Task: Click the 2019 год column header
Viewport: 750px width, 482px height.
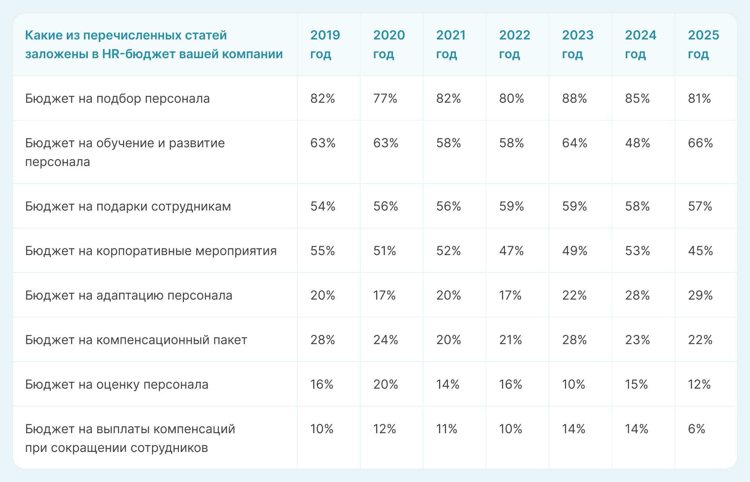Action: [x=325, y=45]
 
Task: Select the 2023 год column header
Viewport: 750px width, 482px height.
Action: [x=577, y=45]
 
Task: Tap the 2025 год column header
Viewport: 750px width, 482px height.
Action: [x=703, y=45]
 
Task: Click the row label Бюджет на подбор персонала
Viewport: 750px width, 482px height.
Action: [x=117, y=98]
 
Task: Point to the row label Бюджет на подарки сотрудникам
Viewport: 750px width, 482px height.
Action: [x=128, y=206]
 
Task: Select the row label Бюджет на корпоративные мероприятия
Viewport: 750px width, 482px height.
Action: [x=151, y=251]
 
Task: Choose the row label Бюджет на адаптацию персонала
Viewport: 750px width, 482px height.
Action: [x=129, y=295]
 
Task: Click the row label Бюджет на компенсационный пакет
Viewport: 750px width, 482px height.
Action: [x=136, y=340]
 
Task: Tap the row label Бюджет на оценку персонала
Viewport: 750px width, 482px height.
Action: [x=116, y=384]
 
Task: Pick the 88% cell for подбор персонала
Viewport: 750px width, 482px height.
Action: [x=574, y=98]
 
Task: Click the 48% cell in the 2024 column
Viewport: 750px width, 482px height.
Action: [x=637, y=143]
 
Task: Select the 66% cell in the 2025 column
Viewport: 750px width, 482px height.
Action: [x=700, y=143]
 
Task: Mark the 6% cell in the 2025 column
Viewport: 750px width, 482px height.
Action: [x=696, y=429]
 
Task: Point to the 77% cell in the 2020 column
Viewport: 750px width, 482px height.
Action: [x=385, y=98]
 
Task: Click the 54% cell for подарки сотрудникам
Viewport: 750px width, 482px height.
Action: [x=323, y=206]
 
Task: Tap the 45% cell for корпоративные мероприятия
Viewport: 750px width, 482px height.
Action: [x=700, y=251]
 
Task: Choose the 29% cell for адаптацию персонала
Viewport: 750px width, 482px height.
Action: [x=700, y=295]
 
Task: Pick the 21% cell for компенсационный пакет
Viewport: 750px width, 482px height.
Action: [x=511, y=340]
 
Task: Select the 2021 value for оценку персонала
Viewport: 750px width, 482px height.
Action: [x=448, y=384]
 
